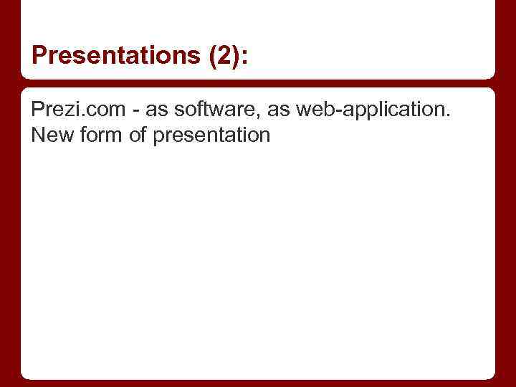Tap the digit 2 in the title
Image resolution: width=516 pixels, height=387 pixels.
click(219, 55)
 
